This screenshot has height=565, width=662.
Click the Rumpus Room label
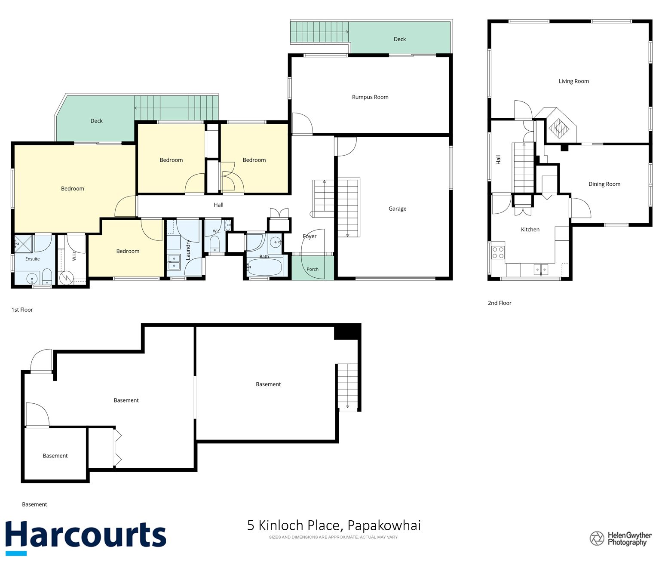[x=370, y=97]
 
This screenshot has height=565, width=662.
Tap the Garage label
[x=397, y=209]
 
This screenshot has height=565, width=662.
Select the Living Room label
[x=573, y=81]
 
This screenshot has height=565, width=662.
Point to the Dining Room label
[x=604, y=184]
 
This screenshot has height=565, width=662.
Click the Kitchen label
[x=530, y=229]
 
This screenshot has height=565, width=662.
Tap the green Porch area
[x=313, y=267]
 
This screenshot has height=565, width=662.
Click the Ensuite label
[x=32, y=259]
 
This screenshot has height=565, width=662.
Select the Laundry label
[x=188, y=250]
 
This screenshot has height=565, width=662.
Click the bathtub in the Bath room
[x=264, y=267]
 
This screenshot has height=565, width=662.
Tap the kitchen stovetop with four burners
[x=498, y=252]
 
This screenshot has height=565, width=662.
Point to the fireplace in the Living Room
[x=559, y=129]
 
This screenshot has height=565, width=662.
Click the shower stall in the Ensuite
[x=24, y=244]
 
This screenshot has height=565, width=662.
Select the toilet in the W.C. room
[x=214, y=244]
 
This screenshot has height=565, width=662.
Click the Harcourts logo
[x=86, y=538]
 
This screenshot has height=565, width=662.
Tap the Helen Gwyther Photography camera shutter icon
[x=597, y=538]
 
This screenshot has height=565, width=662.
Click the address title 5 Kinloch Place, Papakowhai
[x=334, y=525]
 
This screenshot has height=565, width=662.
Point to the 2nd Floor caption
[x=500, y=303]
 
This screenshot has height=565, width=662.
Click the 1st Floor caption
[x=22, y=310]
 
